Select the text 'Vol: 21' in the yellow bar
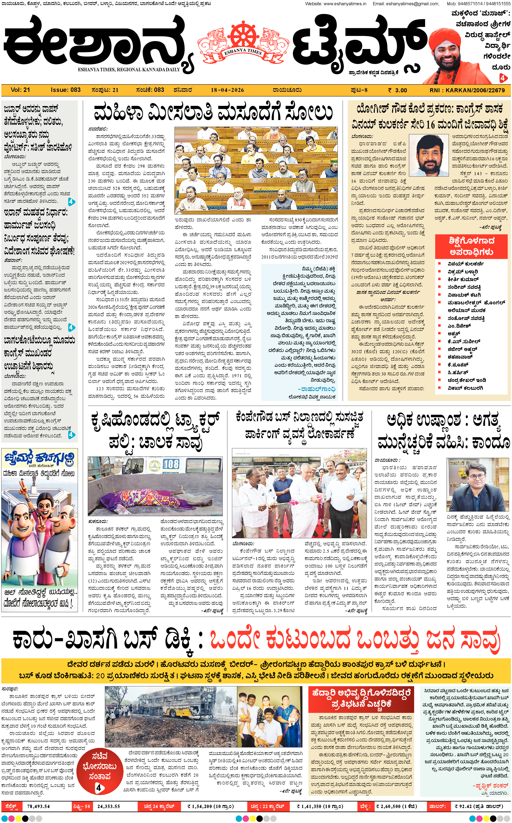20,90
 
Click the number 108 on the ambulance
171,464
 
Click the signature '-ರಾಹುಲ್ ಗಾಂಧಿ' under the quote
317,389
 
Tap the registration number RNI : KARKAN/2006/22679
467,90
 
